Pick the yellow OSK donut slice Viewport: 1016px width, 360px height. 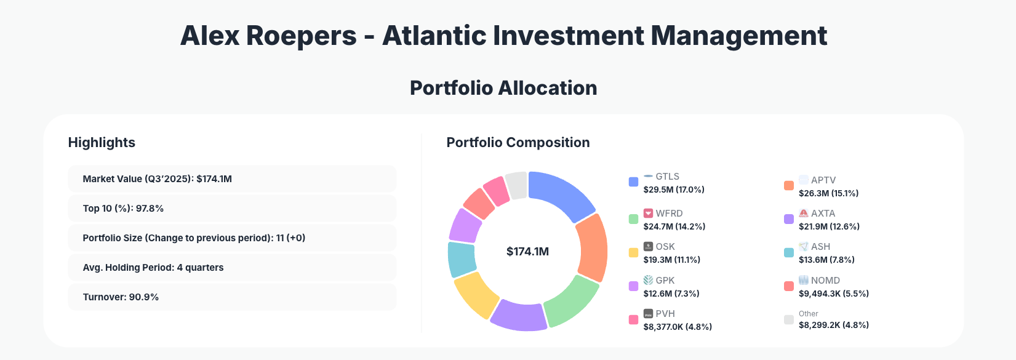click(476, 294)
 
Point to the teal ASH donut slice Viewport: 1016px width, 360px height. click(462, 259)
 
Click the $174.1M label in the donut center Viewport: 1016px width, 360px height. click(527, 252)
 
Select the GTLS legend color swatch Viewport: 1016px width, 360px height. click(633, 182)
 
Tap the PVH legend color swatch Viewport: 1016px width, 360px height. click(633, 319)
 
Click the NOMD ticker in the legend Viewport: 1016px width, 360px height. click(825, 281)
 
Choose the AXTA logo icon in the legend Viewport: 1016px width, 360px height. click(803, 214)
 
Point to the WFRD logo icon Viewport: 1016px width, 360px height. click(648, 214)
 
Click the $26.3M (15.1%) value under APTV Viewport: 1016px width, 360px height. click(828, 193)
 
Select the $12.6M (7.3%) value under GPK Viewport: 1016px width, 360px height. click(671, 294)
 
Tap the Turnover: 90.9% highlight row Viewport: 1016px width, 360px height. click(232, 297)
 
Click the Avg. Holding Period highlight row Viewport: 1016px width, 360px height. click(232, 268)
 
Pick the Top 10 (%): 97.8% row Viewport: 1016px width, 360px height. click(232, 209)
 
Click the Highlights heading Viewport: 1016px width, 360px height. click(102, 143)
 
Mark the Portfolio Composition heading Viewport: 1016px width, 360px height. click(518, 143)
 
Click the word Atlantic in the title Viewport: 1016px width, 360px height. click(434, 36)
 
